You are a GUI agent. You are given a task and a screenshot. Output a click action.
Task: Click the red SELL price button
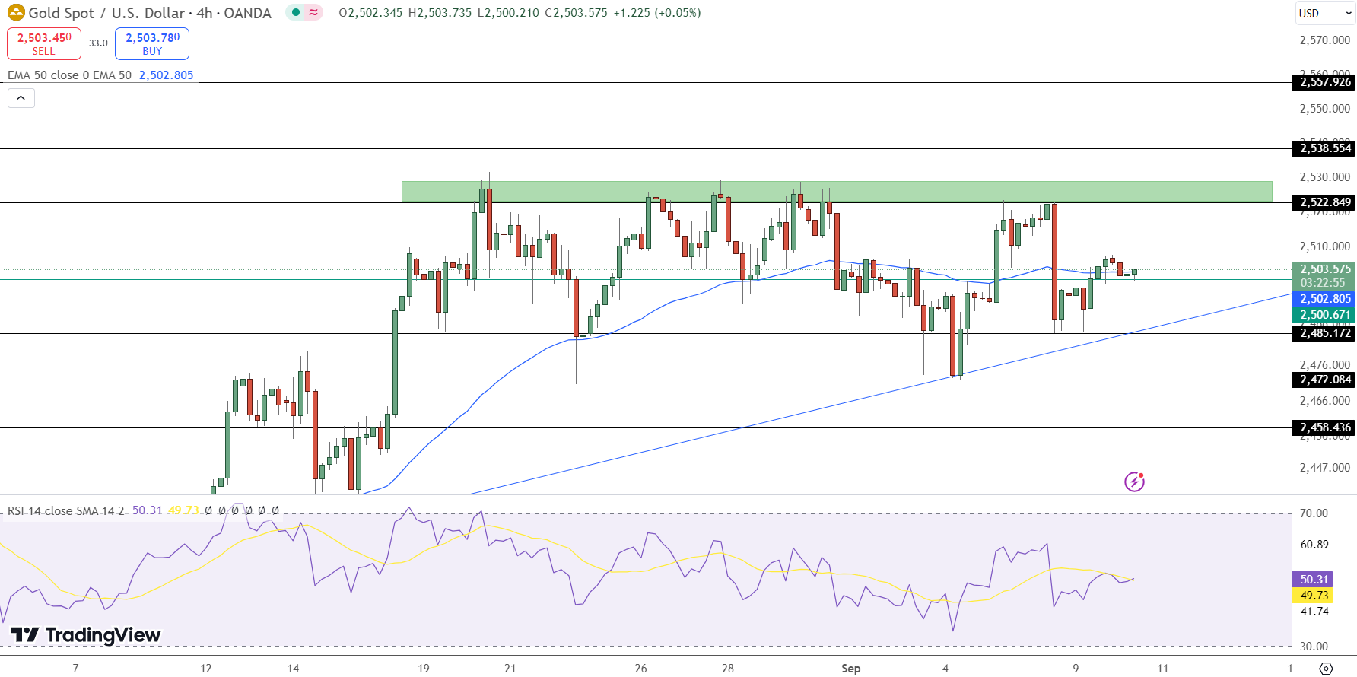(44, 43)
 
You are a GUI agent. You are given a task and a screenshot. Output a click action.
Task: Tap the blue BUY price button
(152, 43)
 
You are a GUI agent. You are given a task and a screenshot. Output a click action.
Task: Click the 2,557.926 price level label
(1324, 82)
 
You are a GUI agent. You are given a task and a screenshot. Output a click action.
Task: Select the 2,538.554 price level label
(1324, 148)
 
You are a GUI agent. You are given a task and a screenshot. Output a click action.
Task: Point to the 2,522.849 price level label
(1324, 202)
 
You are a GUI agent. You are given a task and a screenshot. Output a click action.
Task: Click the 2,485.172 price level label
(1324, 333)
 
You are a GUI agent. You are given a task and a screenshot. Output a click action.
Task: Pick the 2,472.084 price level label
(1324, 380)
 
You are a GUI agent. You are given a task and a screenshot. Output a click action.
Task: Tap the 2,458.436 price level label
(1324, 427)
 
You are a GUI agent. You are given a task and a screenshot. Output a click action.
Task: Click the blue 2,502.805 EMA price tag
(1324, 299)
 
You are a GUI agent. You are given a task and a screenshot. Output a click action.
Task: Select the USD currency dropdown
(1324, 13)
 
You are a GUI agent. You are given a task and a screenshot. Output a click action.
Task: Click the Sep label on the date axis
(850, 669)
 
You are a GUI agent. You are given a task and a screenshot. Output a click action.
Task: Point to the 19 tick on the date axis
(424, 669)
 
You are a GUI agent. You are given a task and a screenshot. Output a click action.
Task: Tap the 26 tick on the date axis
(640, 669)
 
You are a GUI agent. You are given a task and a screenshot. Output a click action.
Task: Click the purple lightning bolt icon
(1134, 482)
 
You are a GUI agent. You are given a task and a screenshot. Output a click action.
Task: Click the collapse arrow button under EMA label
(21, 98)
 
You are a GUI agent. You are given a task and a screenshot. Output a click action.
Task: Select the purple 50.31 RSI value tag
(1314, 580)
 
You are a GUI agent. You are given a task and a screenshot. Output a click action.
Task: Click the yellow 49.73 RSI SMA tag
(1314, 596)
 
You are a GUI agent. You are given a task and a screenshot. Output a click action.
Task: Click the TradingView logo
(85, 635)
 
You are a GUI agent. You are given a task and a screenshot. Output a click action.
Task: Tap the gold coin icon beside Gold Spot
(16, 13)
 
